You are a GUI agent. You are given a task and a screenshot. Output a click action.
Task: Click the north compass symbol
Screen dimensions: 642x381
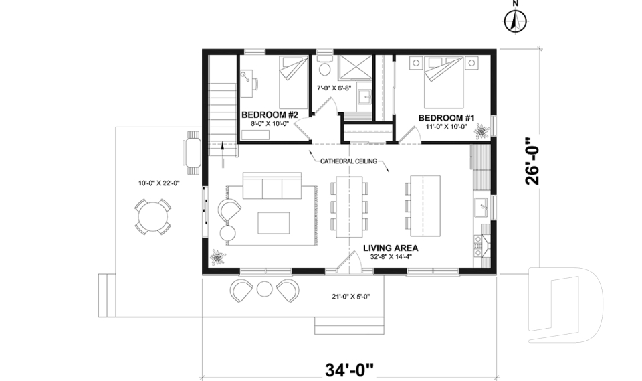(x=515, y=21)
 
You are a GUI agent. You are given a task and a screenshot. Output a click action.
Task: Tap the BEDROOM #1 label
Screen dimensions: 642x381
(x=446, y=118)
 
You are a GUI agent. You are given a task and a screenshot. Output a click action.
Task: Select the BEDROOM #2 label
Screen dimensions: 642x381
(x=270, y=115)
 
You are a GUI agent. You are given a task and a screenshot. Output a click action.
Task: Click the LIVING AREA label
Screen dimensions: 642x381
(x=391, y=248)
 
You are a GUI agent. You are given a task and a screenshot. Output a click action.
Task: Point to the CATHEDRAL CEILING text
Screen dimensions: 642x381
(x=348, y=161)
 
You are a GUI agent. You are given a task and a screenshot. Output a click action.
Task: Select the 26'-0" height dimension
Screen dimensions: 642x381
(x=533, y=161)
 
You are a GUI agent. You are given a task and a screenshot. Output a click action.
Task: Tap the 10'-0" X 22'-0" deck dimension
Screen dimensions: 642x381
(x=159, y=183)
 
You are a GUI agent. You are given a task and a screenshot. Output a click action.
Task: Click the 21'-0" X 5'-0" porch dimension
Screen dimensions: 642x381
(x=351, y=297)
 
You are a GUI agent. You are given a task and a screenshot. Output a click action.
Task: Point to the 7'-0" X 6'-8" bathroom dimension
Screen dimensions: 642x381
(x=334, y=88)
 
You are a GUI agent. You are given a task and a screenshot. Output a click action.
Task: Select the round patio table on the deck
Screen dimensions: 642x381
(x=152, y=217)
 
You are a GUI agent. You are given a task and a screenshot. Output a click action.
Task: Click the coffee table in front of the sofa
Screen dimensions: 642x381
(x=274, y=223)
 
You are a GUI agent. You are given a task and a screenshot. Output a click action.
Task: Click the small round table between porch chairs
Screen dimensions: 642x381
(x=265, y=289)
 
